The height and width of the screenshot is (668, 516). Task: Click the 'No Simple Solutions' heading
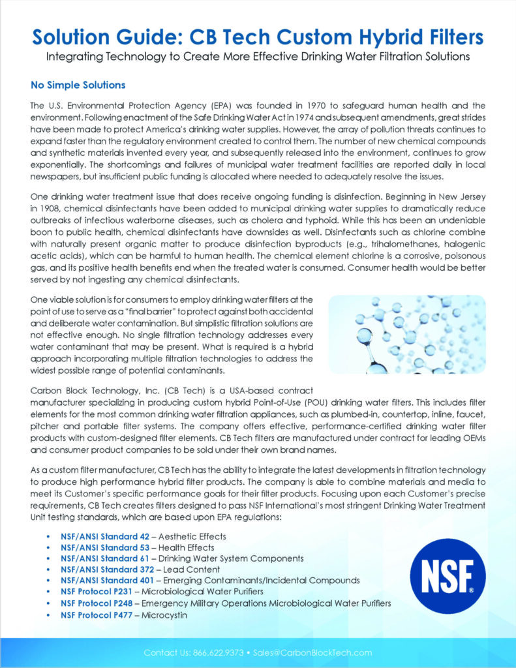coord(78,85)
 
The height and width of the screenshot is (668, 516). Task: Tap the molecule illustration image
coord(406,334)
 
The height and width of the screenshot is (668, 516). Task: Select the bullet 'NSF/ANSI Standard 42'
coord(105,536)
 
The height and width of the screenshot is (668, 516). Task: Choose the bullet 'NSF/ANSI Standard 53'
coord(105,547)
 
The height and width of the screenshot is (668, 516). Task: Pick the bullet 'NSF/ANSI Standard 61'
coord(105,558)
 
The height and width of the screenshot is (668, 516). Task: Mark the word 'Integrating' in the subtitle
coord(74,57)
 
